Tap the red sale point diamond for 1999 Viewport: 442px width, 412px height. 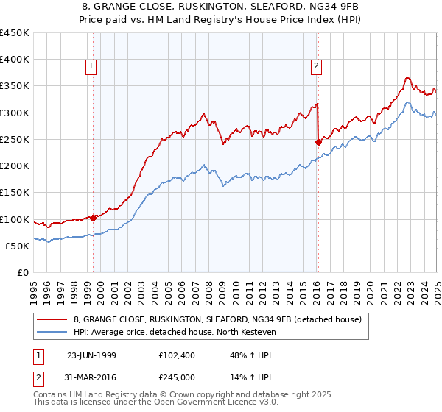tap(94, 218)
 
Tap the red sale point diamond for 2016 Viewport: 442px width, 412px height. tap(318, 142)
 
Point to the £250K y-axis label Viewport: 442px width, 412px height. tap(15, 139)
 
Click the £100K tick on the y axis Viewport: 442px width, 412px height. tap(15, 219)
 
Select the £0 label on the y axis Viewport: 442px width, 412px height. tap(23, 272)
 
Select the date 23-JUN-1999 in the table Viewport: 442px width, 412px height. tap(91, 355)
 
